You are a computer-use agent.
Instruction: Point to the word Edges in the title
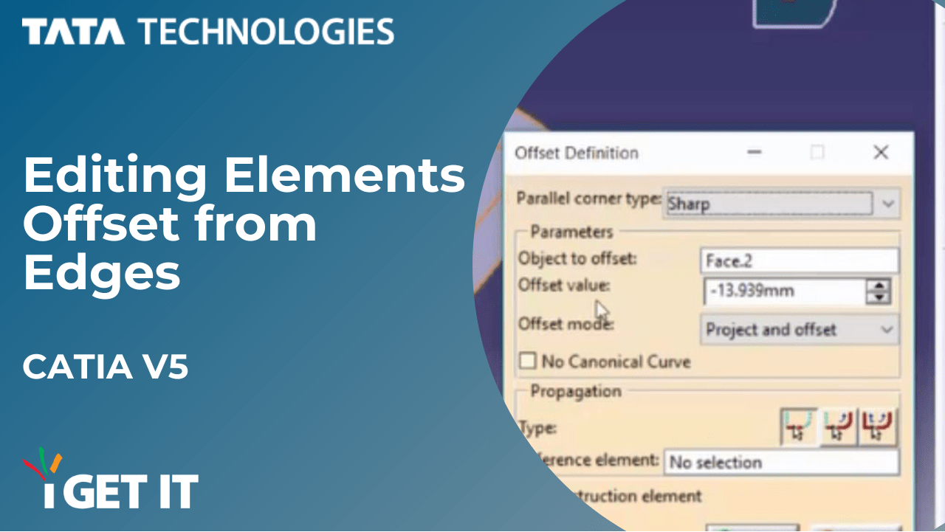[102, 273]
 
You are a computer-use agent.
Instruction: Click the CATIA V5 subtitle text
[106, 367]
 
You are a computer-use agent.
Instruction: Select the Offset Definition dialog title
[576, 153]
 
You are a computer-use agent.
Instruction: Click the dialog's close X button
[880, 153]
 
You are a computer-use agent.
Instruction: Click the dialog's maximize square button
[817, 153]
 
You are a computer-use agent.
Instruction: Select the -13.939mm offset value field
[784, 291]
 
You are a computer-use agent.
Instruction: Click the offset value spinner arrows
[879, 291]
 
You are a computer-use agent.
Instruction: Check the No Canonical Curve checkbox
[527, 362]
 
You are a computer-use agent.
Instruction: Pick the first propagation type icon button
[799, 426]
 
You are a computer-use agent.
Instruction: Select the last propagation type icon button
[879, 426]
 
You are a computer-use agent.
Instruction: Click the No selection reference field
[781, 463]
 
